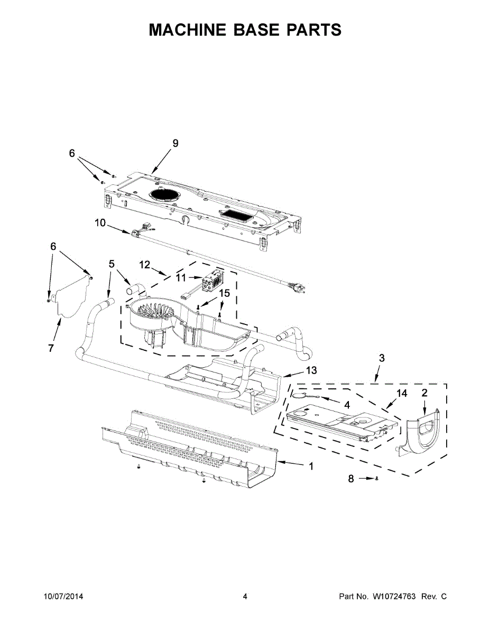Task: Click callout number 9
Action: [175, 143]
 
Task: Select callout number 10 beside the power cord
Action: [100, 223]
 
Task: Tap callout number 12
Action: [145, 264]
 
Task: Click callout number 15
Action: [225, 292]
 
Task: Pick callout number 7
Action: [51, 348]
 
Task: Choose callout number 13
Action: [311, 370]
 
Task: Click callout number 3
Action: [381, 358]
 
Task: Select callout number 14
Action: [402, 393]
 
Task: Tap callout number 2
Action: [424, 393]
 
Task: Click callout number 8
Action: [350, 479]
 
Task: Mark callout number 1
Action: [311, 466]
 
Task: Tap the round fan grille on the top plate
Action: [164, 194]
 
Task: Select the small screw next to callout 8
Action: [376, 479]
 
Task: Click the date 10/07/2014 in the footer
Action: [63, 596]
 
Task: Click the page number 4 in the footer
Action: [245, 596]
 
